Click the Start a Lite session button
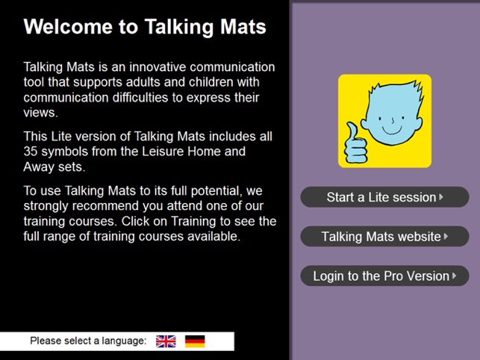click(384, 197)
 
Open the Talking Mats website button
click(384, 236)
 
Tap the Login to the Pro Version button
click(384, 276)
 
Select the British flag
click(166, 341)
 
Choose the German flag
click(195, 341)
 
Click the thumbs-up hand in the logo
click(356, 143)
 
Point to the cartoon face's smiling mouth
click(392, 131)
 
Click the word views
click(41, 113)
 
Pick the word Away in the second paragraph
click(38, 167)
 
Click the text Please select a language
click(88, 341)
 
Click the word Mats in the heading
click(243, 27)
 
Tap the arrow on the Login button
click(454, 276)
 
